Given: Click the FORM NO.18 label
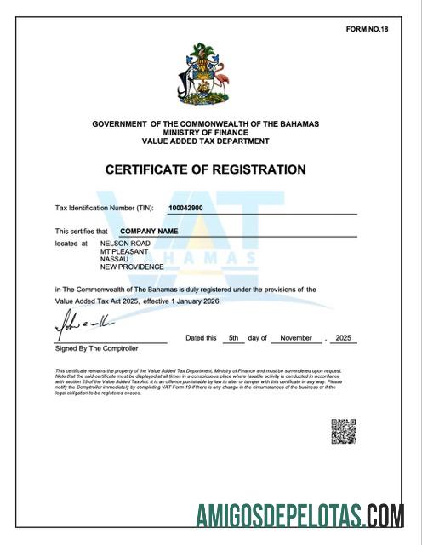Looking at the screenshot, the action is (x=367, y=29).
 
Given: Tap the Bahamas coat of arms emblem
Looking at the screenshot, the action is (x=205, y=78).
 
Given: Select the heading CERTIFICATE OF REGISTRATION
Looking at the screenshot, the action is (x=205, y=169).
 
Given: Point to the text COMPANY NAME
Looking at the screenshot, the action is (x=148, y=231).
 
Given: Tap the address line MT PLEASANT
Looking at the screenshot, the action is (x=124, y=251).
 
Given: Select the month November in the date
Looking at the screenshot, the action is (x=297, y=338).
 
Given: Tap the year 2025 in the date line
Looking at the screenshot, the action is (x=343, y=338).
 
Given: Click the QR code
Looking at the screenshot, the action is (x=343, y=431).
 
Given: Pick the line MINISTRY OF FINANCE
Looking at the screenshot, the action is (x=205, y=132).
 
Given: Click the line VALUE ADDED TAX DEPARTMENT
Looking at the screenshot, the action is (x=205, y=140).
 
